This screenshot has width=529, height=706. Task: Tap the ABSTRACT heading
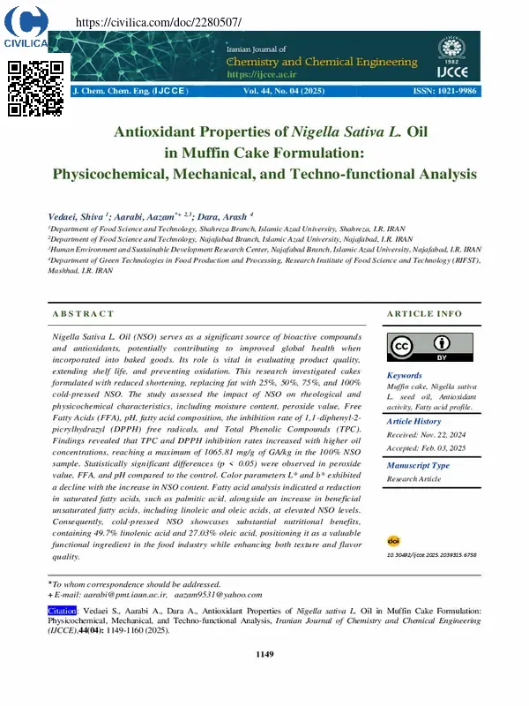(83, 313)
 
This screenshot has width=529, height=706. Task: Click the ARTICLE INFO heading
(425, 313)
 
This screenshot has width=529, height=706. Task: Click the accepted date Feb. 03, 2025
(448, 447)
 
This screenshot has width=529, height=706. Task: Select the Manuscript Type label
(419, 465)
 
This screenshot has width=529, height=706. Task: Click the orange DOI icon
(393, 540)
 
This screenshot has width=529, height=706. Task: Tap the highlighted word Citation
(63, 610)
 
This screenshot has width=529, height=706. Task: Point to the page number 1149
(264, 654)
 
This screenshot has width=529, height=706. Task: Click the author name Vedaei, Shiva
(76, 215)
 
